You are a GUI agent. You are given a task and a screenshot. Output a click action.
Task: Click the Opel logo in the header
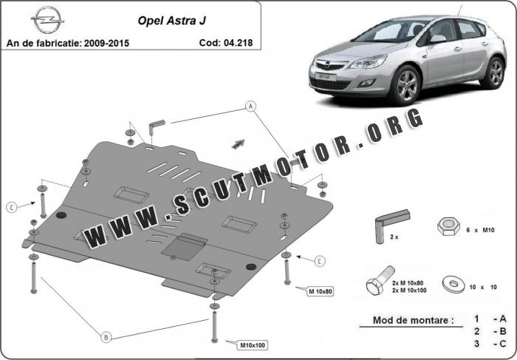47,19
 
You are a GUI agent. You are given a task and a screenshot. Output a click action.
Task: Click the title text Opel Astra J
172,21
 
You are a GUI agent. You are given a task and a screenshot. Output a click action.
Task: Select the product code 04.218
238,43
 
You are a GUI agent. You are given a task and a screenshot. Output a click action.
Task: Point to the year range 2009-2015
106,43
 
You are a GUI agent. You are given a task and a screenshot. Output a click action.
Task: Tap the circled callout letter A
251,106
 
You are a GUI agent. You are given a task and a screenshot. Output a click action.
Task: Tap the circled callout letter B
106,337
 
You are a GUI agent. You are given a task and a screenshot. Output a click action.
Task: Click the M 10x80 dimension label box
321,291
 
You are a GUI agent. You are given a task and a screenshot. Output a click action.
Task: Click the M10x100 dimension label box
253,345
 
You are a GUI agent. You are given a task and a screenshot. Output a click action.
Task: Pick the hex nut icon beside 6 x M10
448,227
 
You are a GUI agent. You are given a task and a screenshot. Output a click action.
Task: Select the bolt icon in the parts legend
380,281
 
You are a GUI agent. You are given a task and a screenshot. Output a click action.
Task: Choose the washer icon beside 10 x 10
453,285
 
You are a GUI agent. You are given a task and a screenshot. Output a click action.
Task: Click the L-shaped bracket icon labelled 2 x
390,225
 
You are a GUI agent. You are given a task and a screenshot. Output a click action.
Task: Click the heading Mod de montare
413,320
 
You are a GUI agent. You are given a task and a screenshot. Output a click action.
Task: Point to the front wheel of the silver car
405,84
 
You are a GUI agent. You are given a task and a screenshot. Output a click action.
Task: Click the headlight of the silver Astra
368,61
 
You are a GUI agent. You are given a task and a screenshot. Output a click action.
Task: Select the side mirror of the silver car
437,38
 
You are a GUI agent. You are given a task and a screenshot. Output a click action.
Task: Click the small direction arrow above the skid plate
238,143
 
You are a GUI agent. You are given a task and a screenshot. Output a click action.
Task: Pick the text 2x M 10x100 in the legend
409,291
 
